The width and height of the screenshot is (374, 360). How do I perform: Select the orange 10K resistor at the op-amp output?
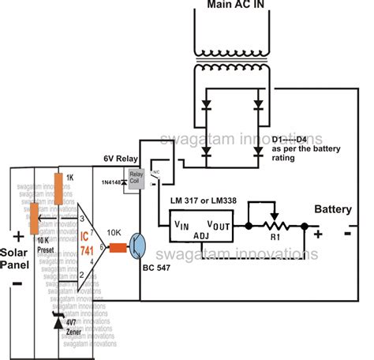[x=118, y=247]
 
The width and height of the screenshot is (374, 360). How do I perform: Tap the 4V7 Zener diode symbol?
[x=56, y=323]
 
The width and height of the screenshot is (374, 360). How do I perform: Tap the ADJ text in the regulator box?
[x=203, y=234]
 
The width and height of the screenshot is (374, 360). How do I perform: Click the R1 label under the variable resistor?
[x=275, y=235]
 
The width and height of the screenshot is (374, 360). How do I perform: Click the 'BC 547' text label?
[x=155, y=271]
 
